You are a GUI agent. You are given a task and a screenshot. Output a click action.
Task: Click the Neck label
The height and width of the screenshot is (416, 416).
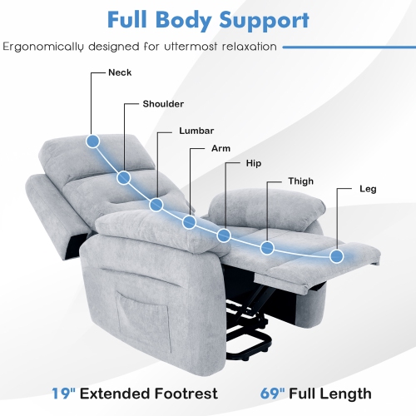point(120,72)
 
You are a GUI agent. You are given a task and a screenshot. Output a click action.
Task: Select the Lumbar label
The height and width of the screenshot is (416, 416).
point(196,131)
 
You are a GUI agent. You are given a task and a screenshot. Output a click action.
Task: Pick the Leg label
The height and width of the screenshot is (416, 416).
point(368,189)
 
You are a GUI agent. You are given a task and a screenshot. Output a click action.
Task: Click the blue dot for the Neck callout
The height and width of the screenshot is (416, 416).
point(92,141)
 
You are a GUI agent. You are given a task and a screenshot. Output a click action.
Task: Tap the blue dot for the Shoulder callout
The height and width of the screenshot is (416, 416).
point(124,177)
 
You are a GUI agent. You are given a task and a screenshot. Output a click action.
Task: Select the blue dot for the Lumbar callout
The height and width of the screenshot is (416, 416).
point(156,204)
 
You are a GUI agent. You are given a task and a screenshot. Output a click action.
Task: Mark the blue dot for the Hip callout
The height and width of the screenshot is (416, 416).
point(224,235)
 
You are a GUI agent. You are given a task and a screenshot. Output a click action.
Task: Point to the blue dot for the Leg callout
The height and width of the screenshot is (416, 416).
point(337,255)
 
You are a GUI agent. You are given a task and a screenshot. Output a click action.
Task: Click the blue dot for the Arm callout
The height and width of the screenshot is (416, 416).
point(190,223)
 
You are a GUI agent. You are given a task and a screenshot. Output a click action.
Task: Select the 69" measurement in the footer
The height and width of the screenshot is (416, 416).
point(269,393)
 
